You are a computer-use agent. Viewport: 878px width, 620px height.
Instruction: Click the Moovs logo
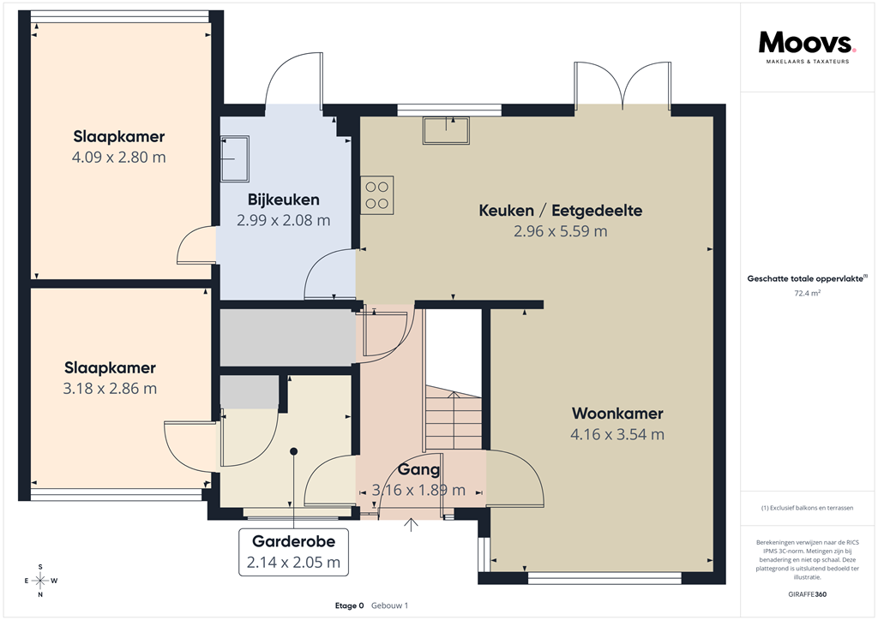[807, 43]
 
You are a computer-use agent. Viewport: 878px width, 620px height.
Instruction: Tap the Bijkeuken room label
[284, 200]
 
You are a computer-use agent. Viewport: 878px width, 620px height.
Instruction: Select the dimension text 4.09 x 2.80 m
[119, 158]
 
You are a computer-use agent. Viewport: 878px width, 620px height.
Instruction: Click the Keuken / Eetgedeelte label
[561, 211]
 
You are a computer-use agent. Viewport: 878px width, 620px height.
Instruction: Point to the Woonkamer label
[617, 414]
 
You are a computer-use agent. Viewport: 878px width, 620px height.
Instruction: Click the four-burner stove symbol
[377, 194]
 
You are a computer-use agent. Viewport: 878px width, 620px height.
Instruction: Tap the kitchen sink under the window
[446, 130]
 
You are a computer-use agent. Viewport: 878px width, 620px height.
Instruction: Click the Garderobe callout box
[293, 552]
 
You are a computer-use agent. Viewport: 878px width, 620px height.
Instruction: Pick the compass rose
[40, 581]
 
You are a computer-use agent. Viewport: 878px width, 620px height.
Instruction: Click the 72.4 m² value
[808, 293]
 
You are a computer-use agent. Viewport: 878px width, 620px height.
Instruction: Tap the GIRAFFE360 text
[808, 594]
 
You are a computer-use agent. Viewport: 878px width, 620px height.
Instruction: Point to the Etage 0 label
[350, 605]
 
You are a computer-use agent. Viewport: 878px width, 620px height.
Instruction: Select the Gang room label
[419, 469]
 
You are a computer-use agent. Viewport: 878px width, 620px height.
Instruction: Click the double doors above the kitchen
[623, 84]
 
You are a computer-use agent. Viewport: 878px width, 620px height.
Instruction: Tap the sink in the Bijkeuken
[233, 159]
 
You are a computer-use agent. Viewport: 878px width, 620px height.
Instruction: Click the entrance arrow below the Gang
[412, 523]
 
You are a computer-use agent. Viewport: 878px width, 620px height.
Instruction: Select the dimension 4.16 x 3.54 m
[617, 434]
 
